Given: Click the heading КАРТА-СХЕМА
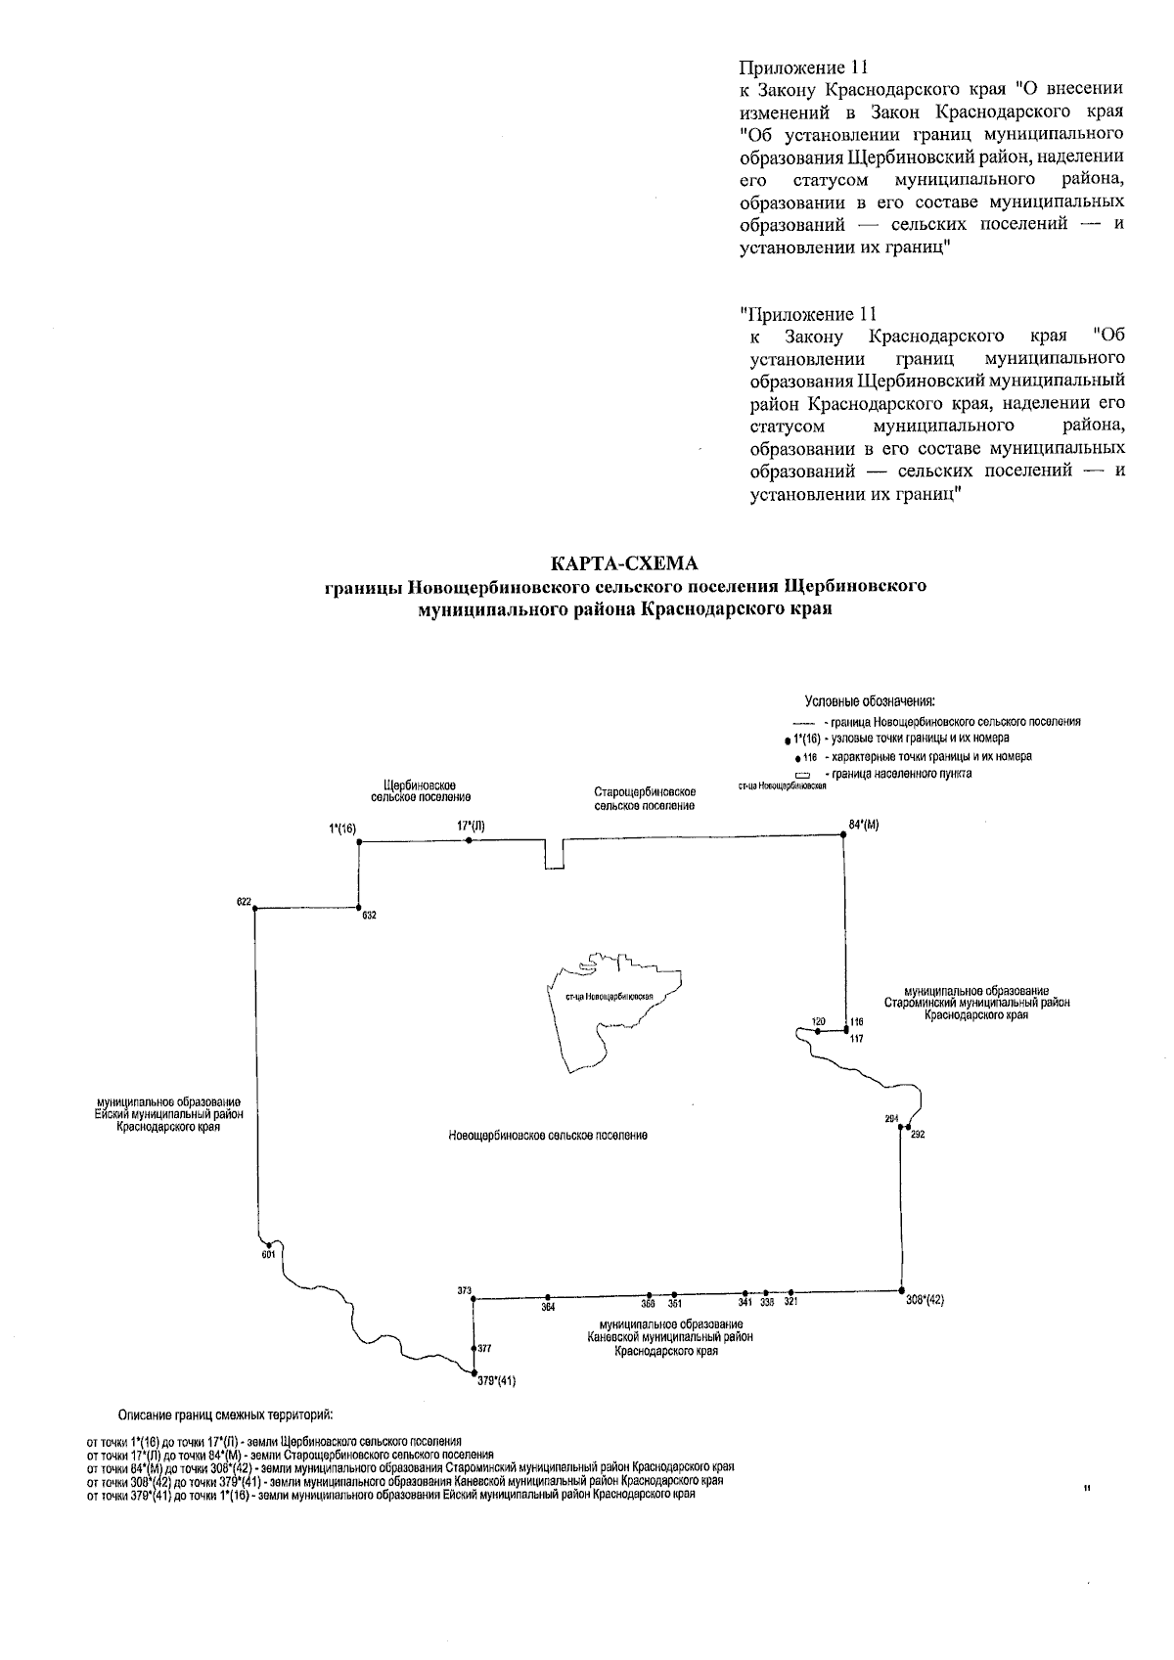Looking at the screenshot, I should [626, 564].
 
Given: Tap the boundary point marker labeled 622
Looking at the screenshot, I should [255, 909].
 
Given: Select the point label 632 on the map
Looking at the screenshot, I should [369, 916].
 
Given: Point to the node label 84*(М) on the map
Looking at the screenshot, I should [864, 825].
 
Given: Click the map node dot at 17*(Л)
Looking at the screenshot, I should [470, 839].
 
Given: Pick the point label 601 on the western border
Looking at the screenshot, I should [269, 1254].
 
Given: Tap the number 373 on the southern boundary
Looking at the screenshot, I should [465, 1290].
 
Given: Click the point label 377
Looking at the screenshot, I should [484, 1348].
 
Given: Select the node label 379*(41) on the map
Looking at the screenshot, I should [496, 1381].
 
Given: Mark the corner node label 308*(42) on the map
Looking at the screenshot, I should [925, 1300].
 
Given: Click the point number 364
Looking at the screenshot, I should [549, 1307].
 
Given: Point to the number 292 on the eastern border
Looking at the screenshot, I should [917, 1135].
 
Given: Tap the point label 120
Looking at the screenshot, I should [818, 1020].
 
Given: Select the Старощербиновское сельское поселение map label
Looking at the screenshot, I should [645, 798].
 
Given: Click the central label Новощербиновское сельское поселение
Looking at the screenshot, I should [548, 1136].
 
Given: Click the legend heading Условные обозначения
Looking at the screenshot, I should [870, 701].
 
